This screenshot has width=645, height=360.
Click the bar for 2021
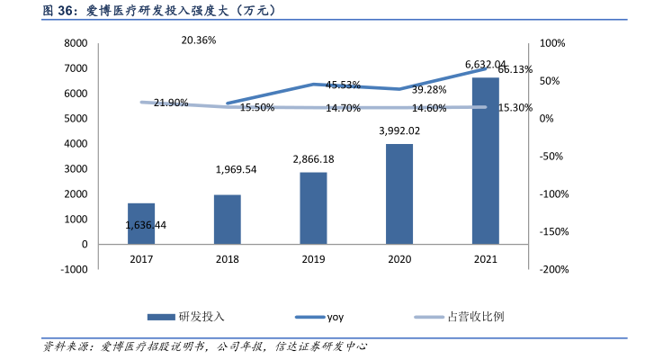(x=486, y=160)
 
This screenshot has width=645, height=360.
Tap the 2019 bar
(x=313, y=208)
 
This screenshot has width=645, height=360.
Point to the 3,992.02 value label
(x=399, y=130)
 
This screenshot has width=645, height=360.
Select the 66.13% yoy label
(x=515, y=69)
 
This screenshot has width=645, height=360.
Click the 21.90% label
(x=171, y=103)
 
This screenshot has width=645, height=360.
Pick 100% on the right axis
(x=552, y=43)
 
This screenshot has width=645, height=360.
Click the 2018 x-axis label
(x=227, y=258)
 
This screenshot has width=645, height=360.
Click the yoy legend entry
(x=335, y=317)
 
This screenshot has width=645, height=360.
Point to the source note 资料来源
(x=207, y=346)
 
